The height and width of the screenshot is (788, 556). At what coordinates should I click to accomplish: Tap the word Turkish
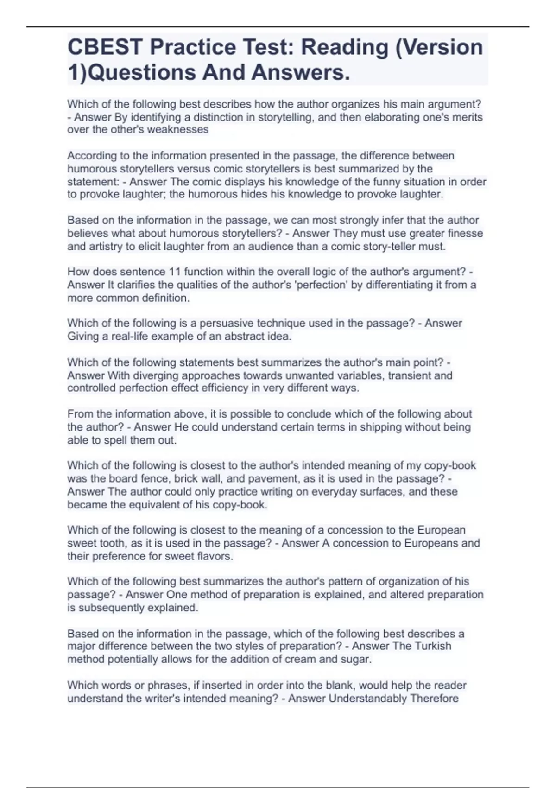tap(430, 646)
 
